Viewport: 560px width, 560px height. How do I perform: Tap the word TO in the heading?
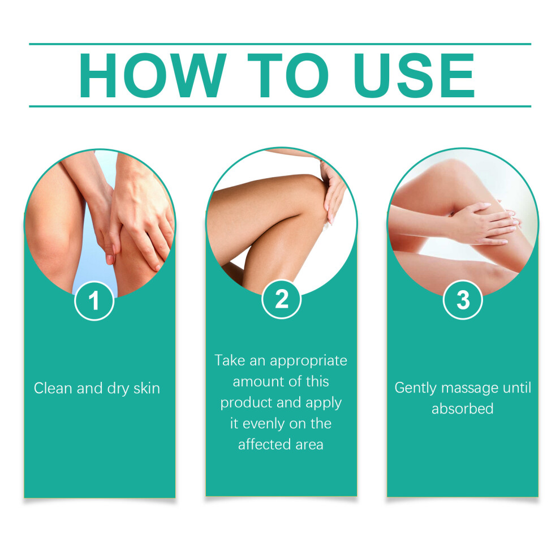point(288,75)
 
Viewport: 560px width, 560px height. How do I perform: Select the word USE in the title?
point(414,75)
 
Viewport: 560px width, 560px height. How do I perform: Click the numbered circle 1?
point(94,301)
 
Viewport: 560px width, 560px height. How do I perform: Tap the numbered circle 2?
point(282,299)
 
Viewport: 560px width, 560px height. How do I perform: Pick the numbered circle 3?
point(463,300)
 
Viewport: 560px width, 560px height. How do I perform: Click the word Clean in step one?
point(53,388)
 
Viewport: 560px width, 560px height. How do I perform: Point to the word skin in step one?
point(147,388)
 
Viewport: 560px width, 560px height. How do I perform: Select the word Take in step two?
point(230,360)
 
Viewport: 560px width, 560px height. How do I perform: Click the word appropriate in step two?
point(309,361)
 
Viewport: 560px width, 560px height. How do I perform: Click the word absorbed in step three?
point(463,408)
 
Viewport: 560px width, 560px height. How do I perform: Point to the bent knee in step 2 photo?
point(310,200)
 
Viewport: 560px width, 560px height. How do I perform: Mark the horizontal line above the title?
point(280,44)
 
